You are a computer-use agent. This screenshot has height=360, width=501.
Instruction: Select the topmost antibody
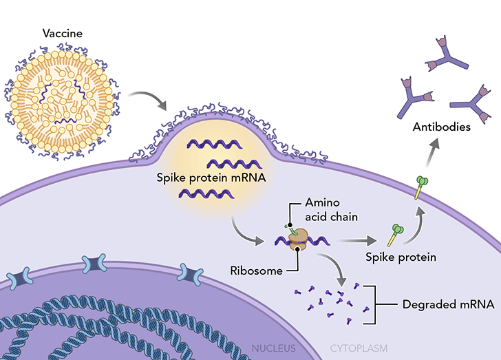[443, 54]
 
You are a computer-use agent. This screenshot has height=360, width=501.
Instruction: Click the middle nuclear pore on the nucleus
[95, 264]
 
